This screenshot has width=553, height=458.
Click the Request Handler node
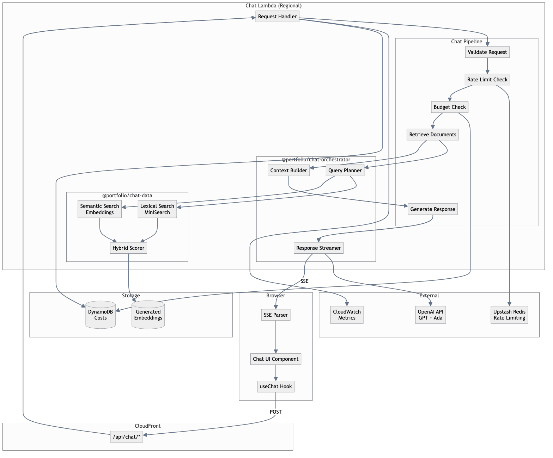277,17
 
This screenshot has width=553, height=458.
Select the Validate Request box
487,52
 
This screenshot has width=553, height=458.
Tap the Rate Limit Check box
487,80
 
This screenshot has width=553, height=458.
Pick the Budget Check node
450,107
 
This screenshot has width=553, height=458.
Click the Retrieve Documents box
433,135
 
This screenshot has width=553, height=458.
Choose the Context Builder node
288,171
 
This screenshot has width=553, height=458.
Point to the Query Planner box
345,171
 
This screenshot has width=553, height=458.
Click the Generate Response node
433,209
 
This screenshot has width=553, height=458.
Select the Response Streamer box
318,248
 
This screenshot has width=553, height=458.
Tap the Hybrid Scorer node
128,248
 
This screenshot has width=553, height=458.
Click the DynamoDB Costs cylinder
101,315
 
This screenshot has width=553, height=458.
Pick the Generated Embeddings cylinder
148,315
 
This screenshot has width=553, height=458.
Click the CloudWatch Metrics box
347,315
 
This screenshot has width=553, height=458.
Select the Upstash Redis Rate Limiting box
509,315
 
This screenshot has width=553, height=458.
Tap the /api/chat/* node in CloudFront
127,437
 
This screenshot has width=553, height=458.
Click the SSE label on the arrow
304,281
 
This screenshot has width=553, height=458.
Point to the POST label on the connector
275,412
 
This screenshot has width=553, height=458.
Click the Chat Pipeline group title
467,42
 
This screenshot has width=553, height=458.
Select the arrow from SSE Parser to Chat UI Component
276,336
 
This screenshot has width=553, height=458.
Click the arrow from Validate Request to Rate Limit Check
487,66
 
